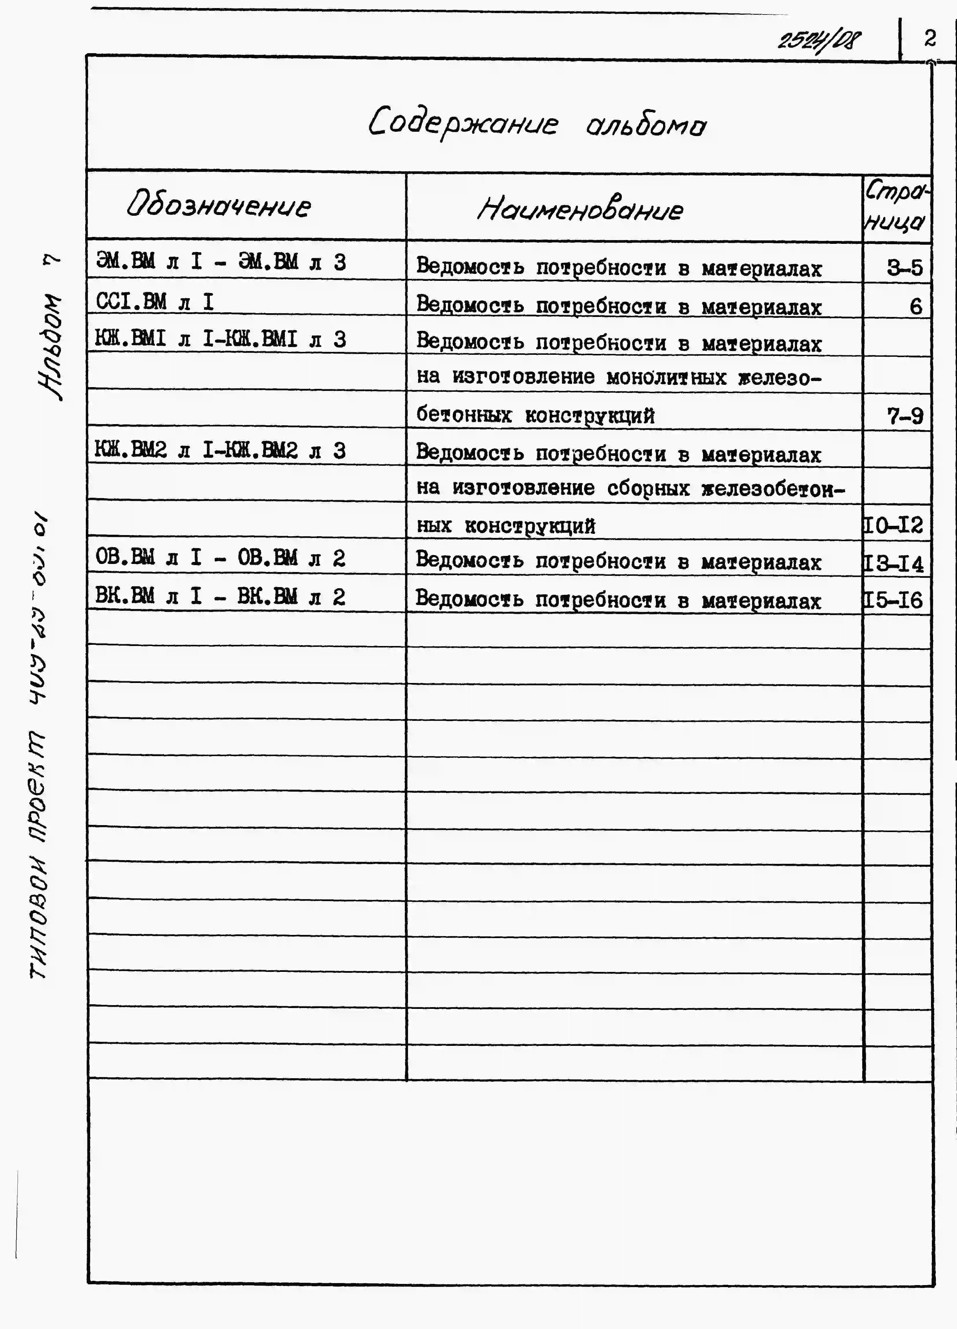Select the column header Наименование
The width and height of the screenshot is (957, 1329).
point(580,209)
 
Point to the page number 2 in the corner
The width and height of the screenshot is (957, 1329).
point(930,39)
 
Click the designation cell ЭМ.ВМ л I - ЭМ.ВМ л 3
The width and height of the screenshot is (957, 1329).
point(221,261)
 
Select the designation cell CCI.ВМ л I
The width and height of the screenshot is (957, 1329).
point(155,301)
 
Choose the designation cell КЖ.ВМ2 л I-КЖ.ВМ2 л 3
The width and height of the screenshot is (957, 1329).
point(220,450)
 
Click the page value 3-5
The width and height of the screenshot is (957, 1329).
point(904,268)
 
